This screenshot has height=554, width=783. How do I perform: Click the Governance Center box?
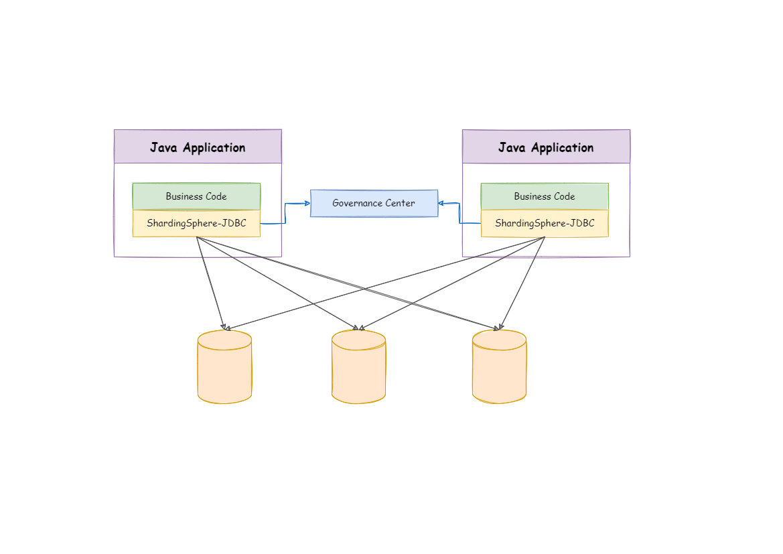[374, 203]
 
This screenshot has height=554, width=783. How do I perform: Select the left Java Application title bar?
[198, 147]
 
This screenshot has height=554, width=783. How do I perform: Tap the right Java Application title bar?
[546, 147]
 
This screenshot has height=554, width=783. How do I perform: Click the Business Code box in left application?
[196, 196]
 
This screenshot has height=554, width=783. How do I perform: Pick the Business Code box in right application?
[545, 196]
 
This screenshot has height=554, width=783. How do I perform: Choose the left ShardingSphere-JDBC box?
[196, 223]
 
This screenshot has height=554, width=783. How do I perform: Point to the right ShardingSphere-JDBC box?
[545, 223]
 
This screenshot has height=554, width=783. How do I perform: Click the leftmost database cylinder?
[224, 368]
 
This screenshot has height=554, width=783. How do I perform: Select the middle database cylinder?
[358, 368]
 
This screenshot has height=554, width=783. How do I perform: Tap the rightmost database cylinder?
[499, 368]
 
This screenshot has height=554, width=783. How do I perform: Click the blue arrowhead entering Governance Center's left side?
[307, 203]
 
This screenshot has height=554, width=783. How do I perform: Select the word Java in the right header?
[512, 147]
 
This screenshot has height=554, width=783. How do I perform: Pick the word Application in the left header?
[214, 147]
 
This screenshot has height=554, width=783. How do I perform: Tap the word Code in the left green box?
[216, 196]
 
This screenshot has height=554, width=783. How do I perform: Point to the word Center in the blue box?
[400, 203]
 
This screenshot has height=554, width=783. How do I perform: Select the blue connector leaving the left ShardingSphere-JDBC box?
[273, 223]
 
